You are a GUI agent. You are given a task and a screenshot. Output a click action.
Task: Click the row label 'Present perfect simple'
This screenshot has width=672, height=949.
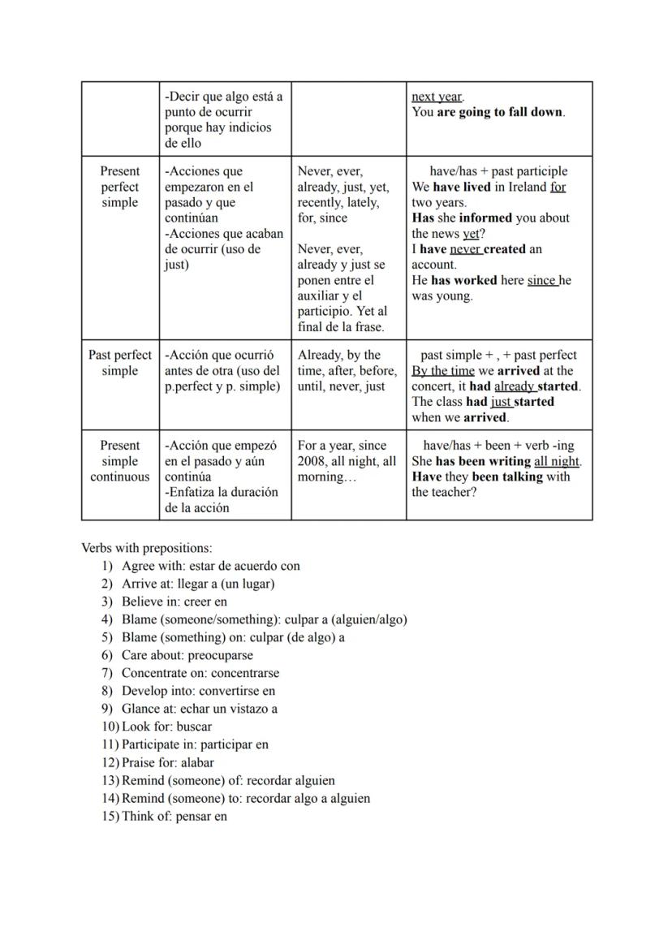pyautogui.click(x=120, y=187)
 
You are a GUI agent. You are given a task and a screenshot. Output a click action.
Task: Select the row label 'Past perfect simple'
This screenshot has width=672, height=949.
pyautogui.click(x=120, y=363)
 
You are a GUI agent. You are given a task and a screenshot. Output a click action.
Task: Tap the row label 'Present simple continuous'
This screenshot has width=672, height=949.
pyautogui.click(x=120, y=461)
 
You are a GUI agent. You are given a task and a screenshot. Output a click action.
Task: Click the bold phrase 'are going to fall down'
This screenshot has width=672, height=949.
pyautogui.click(x=500, y=112)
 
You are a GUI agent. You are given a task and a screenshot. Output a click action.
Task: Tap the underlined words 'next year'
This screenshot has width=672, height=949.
pyautogui.click(x=437, y=97)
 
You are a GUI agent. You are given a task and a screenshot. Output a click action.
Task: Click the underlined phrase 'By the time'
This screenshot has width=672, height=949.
pyautogui.click(x=442, y=371)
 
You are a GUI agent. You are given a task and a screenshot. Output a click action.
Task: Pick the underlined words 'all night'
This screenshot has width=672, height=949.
pyautogui.click(x=557, y=461)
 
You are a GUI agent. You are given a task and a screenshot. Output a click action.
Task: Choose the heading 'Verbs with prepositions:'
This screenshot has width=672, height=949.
pyautogui.click(x=147, y=548)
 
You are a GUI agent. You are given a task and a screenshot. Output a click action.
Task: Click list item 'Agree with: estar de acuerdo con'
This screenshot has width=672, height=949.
pyautogui.click(x=210, y=566)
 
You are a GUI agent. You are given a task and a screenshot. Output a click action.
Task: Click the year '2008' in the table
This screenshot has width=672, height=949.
pyautogui.click(x=314, y=461)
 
